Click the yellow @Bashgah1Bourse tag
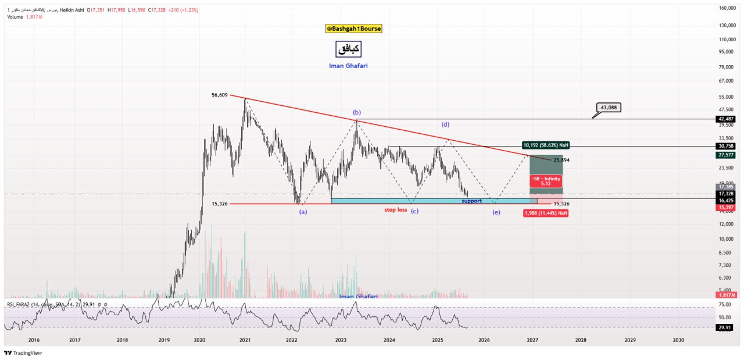click(353, 28)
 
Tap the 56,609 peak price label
click(220, 95)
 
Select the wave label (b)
click(357, 112)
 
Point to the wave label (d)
click(445, 124)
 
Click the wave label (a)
click(303, 212)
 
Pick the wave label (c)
click(414, 211)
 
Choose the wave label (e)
click(496, 212)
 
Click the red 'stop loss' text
click(395, 209)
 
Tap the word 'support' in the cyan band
click(472, 201)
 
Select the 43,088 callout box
click(613, 107)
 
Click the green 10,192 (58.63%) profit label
click(545, 145)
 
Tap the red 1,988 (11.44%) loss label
click(545, 213)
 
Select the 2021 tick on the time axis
click(245, 340)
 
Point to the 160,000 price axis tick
click(728, 8)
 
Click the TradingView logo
click(23, 352)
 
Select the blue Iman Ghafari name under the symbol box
click(348, 66)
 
